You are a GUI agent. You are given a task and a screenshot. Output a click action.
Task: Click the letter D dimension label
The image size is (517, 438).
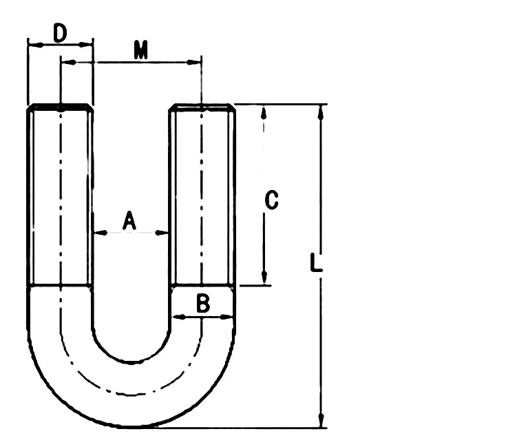[61, 32]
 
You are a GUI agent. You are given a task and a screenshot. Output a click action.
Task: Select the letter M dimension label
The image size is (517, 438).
[141, 50]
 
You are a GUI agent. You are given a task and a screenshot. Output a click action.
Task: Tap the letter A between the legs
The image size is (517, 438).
[129, 221]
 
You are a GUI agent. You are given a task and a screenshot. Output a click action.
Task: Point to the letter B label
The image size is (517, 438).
[202, 304]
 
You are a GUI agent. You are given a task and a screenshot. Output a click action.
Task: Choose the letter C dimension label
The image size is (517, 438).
[271, 200]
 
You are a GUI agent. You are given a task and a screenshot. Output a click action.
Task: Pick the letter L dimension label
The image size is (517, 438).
[314, 264]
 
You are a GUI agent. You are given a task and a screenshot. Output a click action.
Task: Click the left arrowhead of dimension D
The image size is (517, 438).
[32, 44]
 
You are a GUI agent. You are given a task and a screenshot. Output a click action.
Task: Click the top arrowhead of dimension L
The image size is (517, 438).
[320, 111]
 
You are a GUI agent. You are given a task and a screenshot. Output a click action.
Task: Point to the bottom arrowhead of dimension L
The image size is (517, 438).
[320, 421]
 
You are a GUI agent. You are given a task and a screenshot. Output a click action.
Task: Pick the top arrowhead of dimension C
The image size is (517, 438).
[264, 111]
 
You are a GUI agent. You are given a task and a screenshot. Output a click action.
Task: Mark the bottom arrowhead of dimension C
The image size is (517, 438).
[264, 279]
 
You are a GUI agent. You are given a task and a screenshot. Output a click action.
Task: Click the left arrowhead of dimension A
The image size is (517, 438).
[97, 233]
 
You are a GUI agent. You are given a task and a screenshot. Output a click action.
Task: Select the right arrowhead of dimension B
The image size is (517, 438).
[230, 317]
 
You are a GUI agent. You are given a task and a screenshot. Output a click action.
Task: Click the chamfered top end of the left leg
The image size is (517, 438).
[60, 107]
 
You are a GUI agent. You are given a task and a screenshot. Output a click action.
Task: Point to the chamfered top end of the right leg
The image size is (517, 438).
[202, 107]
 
